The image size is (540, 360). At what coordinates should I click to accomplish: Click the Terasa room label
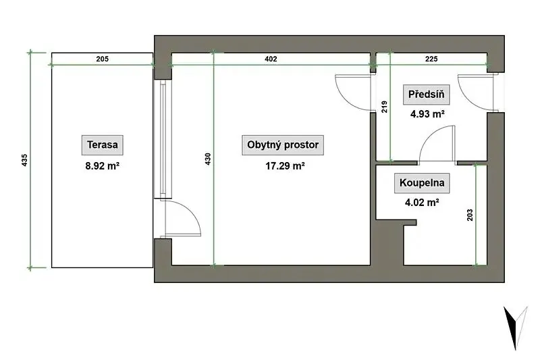click(x=103, y=145)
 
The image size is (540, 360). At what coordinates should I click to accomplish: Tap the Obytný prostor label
click(x=283, y=145)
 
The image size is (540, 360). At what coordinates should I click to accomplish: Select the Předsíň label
click(x=427, y=95)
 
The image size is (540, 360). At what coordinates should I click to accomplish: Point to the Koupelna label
click(x=422, y=182)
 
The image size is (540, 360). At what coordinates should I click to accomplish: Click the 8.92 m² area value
click(x=103, y=166)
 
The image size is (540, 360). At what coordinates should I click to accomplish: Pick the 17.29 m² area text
click(x=285, y=166)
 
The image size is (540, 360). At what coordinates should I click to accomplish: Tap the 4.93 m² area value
click(x=427, y=113)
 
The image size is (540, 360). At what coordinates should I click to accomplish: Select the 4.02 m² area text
click(x=422, y=202)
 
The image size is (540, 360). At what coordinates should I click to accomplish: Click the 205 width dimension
click(x=103, y=59)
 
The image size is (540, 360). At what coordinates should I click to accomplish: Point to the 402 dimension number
click(x=271, y=59)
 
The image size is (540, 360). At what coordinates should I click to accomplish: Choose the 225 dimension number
click(x=431, y=59)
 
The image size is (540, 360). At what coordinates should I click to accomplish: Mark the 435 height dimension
click(x=24, y=160)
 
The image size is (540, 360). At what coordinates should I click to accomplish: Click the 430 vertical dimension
click(x=208, y=159)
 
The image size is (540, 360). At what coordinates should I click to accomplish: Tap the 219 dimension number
click(x=384, y=107)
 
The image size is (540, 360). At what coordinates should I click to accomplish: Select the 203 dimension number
click(x=470, y=215)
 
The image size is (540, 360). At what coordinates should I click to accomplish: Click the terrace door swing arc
click(x=193, y=214)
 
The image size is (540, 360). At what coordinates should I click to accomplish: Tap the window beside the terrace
click(x=163, y=139)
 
